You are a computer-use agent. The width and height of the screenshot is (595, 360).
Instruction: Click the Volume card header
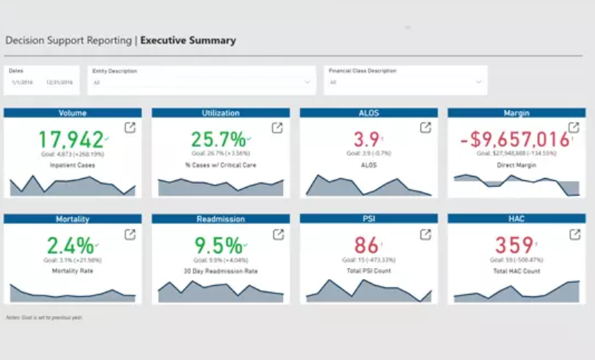click(72, 113)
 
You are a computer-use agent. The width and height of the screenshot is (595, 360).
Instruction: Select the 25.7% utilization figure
click(218, 139)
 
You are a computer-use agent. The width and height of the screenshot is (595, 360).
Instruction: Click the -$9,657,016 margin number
click(513, 139)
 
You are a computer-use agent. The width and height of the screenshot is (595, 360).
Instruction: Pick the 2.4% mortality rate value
click(70, 246)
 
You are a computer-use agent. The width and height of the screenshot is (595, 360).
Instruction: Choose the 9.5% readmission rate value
click(218, 246)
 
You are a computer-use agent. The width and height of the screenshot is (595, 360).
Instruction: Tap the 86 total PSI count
click(366, 246)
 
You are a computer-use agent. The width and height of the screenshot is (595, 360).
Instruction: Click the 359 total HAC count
click(513, 246)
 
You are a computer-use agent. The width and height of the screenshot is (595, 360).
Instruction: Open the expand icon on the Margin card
click(573, 128)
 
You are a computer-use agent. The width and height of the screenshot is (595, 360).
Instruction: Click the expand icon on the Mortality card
click(130, 235)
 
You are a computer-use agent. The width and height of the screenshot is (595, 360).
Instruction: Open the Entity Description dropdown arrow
click(308, 82)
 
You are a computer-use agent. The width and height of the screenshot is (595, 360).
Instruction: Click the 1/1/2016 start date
click(22, 82)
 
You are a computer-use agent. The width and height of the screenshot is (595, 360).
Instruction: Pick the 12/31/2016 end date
click(59, 82)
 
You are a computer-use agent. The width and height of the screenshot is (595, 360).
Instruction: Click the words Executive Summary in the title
click(189, 41)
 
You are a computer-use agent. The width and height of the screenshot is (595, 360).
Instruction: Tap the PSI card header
click(368, 220)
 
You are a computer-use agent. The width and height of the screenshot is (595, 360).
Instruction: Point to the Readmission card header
click(220, 220)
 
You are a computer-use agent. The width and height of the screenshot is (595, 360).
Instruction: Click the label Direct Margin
click(516, 165)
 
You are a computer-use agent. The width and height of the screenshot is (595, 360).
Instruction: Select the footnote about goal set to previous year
click(44, 317)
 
